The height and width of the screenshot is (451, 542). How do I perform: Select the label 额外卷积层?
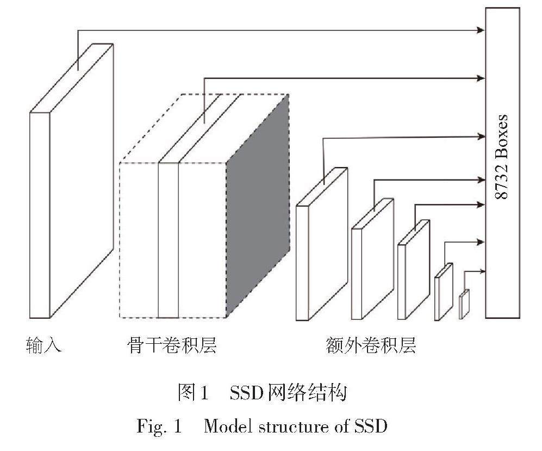(x=371, y=344)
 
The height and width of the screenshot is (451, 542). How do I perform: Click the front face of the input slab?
(x=40, y=215)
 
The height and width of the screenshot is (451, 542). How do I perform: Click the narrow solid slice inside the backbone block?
(x=168, y=239)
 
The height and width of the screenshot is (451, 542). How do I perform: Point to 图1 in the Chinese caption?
(x=194, y=393)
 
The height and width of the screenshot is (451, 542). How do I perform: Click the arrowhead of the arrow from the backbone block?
(x=481, y=78)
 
